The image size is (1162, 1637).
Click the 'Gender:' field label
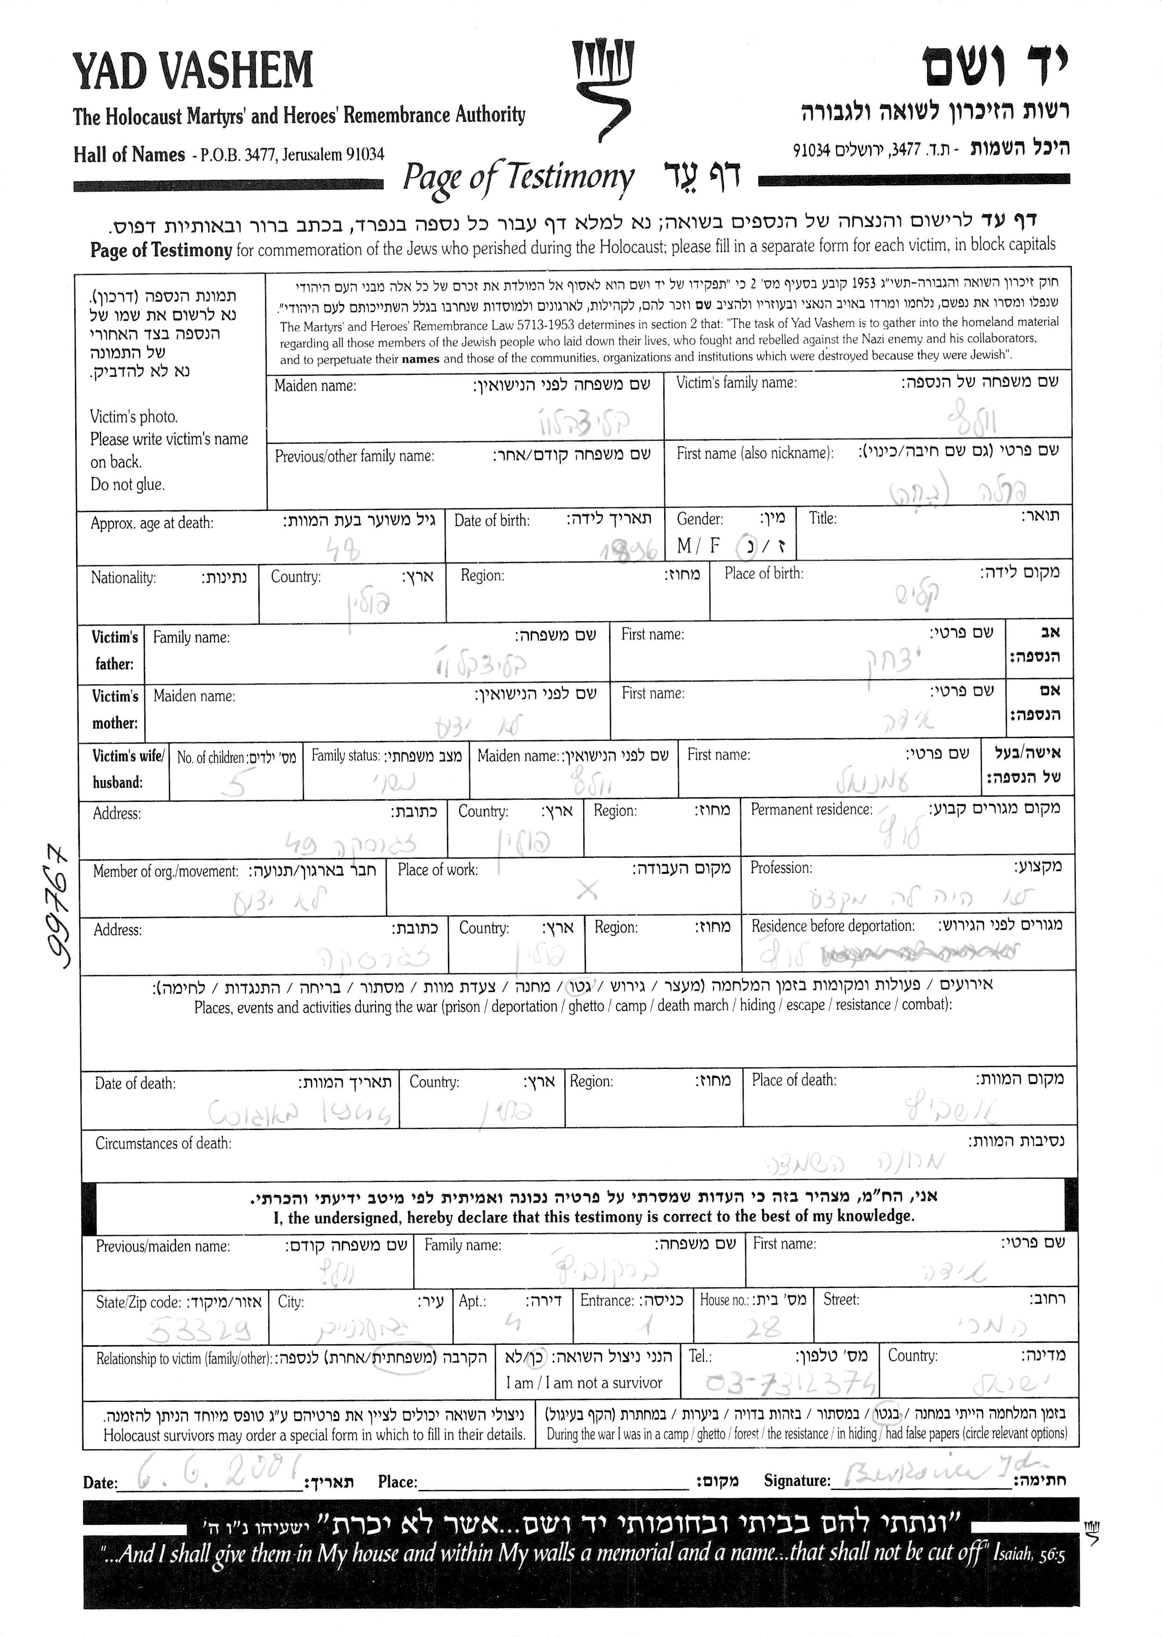coord(700,519)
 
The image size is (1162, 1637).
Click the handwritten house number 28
coord(761,1328)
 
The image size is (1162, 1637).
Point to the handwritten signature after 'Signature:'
coord(927,1475)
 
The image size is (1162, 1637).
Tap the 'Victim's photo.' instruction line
coord(134,417)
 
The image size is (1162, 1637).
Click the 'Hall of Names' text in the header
coord(129,155)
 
